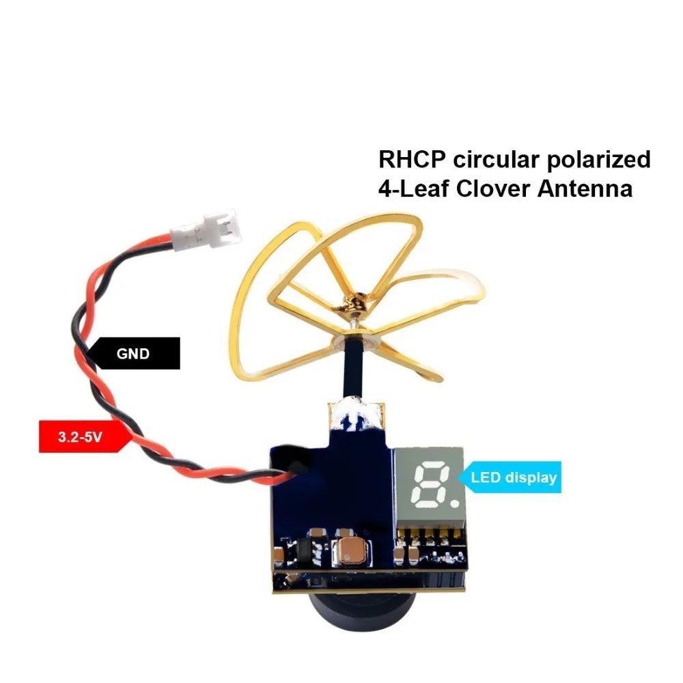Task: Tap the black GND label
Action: [x=134, y=354]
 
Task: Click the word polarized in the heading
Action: [x=600, y=161]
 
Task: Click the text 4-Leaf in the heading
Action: [x=413, y=189]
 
